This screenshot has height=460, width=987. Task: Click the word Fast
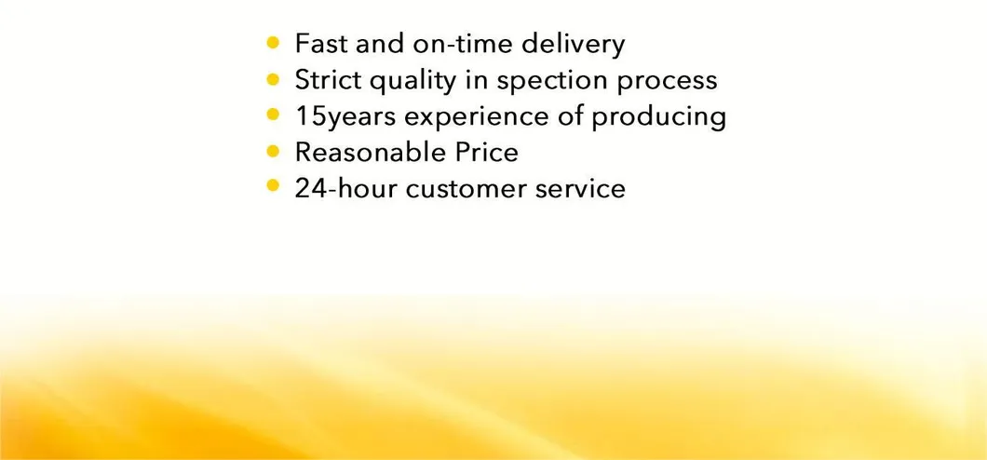[x=318, y=44]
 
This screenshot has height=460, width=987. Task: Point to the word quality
[x=413, y=81]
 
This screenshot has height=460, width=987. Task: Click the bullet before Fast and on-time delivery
[x=272, y=42]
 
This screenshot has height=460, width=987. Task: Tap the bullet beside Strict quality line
[x=272, y=78]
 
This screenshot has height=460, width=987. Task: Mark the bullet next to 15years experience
[x=272, y=115]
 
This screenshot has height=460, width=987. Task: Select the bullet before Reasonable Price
[x=272, y=150]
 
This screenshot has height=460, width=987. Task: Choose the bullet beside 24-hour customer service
[x=272, y=185]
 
